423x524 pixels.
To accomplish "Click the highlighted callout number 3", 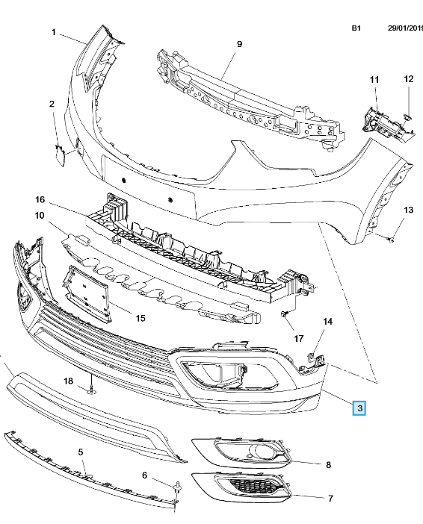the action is [359, 408].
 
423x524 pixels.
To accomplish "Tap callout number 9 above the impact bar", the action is [239, 44].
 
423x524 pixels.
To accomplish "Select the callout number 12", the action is [408, 79].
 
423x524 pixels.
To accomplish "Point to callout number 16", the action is [40, 199].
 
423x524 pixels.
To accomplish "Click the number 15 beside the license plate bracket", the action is [141, 318].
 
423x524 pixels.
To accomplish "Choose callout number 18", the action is [68, 381].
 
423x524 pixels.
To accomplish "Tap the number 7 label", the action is [330, 499].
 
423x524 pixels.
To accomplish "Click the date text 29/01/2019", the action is [405, 28].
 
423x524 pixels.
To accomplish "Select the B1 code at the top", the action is [356, 28].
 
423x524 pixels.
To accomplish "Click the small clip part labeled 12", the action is [408, 117].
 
